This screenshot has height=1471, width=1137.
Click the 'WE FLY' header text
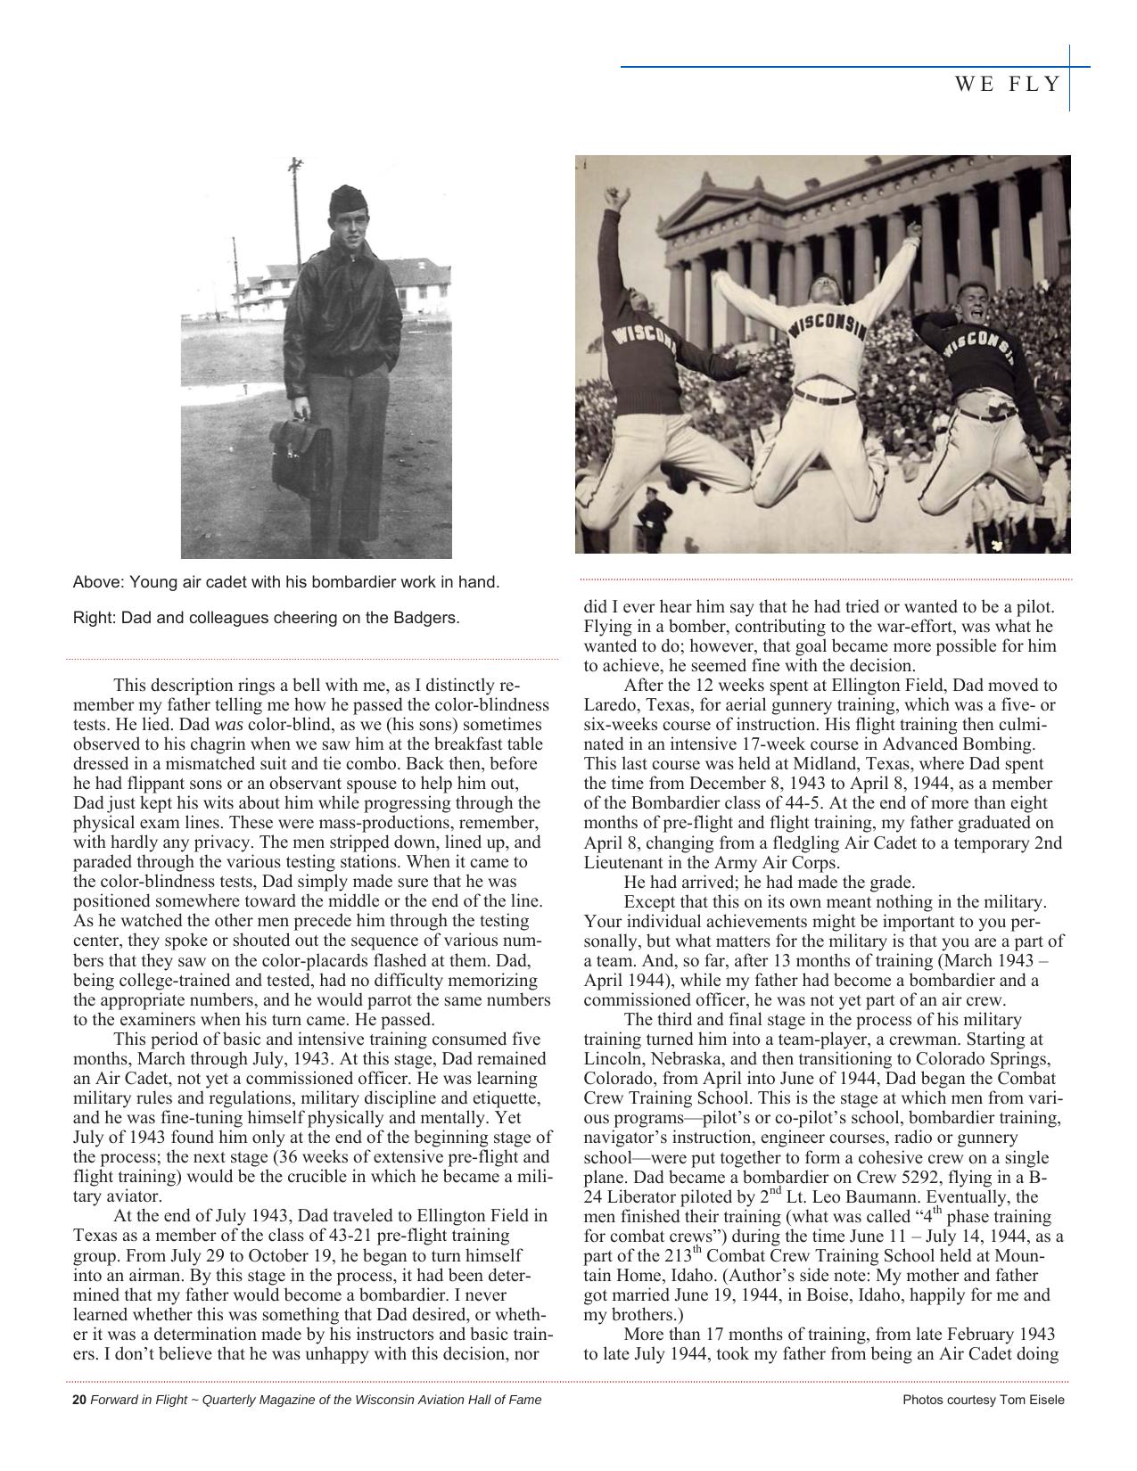coord(1008,85)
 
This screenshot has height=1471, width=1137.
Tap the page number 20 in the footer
coord(78,1400)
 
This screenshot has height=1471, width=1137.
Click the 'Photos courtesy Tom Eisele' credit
coord(983,1400)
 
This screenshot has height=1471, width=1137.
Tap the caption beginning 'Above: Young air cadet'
coord(286,582)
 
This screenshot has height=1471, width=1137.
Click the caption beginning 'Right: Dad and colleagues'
coord(267,617)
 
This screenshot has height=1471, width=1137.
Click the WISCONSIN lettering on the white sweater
coord(828,327)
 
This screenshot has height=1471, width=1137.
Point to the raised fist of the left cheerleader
coord(613,196)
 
